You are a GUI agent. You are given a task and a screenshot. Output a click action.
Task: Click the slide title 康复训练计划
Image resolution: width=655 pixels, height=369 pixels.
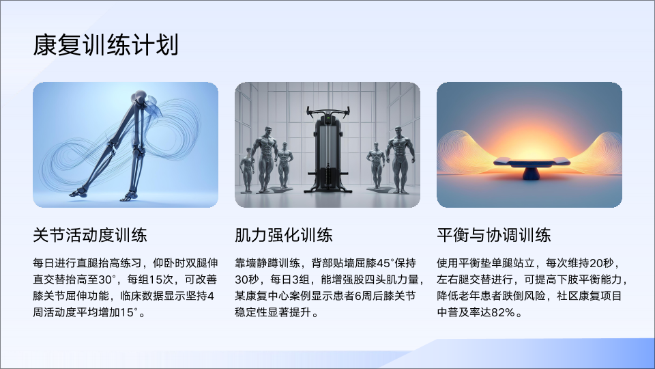pyautogui.click(x=106, y=45)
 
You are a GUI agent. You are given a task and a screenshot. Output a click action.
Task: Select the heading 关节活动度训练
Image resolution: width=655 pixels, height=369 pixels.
pyautogui.click(x=90, y=234)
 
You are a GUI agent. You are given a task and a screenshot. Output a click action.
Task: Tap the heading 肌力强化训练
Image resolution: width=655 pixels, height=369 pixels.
pyautogui.click(x=284, y=234)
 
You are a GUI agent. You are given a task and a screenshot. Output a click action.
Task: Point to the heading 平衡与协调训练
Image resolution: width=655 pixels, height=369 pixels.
pyautogui.click(x=494, y=234)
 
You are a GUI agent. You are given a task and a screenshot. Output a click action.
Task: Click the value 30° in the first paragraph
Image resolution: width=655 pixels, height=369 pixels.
pyautogui.click(x=106, y=279)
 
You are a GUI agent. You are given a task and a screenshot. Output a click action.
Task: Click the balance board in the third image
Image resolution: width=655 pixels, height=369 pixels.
pyautogui.click(x=531, y=163)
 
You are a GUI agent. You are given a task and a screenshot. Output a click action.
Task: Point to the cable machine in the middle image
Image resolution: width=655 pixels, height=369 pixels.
pyautogui.click(x=327, y=150)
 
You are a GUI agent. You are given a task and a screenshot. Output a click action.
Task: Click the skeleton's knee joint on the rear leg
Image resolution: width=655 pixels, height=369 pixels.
pyautogui.click(x=111, y=146)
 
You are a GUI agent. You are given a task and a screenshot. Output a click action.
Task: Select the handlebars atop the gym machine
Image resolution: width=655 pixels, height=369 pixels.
pyautogui.click(x=327, y=111)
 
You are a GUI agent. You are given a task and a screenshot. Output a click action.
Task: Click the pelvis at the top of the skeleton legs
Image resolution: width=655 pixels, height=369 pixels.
pyautogui.click(x=141, y=99)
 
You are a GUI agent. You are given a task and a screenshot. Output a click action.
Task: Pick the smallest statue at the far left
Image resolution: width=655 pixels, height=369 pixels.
pyautogui.click(x=247, y=169)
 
